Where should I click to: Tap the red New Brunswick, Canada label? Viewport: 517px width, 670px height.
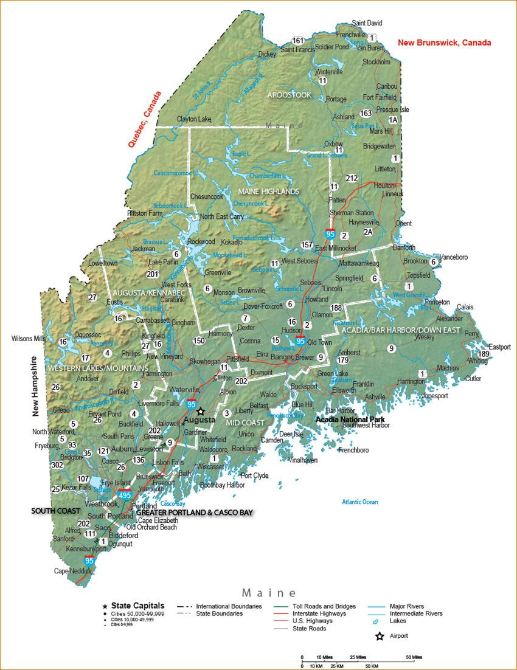pyautogui.click(x=444, y=43)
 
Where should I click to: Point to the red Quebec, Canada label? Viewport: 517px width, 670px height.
pyautogui.click(x=144, y=120)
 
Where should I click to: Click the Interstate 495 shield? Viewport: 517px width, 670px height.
pyautogui.click(x=125, y=496)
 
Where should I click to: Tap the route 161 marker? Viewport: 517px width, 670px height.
pyautogui.click(x=297, y=41)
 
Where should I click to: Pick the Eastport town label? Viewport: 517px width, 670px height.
pyautogui.click(x=499, y=347)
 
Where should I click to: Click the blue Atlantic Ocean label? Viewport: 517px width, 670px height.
pyautogui.click(x=359, y=502)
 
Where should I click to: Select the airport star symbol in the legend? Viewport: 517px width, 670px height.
pyautogui.click(x=380, y=636)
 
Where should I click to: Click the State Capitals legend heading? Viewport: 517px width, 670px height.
pyautogui.click(x=137, y=606)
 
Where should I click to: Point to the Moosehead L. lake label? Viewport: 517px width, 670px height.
pyautogui.click(x=231, y=256)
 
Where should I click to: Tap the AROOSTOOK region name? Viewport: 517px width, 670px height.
pyautogui.click(x=289, y=95)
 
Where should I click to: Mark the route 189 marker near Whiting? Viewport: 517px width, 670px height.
pyautogui.click(x=484, y=354)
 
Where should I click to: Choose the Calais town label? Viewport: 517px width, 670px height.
pyautogui.click(x=465, y=307)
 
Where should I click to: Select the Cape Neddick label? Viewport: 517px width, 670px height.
pyautogui.click(x=72, y=571)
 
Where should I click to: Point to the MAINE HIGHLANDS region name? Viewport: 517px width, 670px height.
pyautogui.click(x=268, y=192)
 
